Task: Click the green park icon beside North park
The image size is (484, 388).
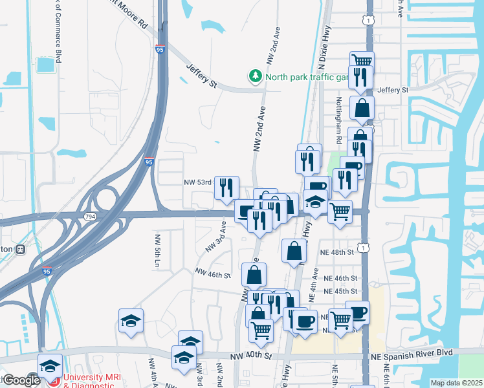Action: (256, 77)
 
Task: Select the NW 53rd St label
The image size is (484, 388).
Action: (199, 183)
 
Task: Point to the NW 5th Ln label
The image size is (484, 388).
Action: (157, 252)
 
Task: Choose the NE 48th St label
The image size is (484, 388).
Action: (337, 251)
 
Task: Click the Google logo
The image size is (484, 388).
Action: (21, 380)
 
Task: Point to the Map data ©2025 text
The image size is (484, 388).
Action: (456, 383)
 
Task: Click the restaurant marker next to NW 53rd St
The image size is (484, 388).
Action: (226, 187)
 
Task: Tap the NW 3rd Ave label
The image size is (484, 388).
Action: (215, 238)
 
